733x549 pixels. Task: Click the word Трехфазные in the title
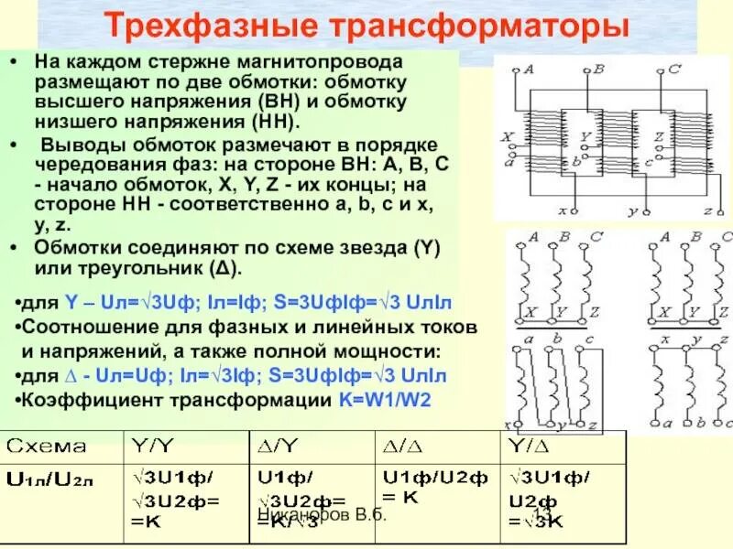210,25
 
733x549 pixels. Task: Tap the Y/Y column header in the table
152,446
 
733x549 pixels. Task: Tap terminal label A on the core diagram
531,69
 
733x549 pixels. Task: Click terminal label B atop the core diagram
598,68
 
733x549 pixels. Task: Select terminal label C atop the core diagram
673,68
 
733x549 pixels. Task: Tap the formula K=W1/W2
385,400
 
